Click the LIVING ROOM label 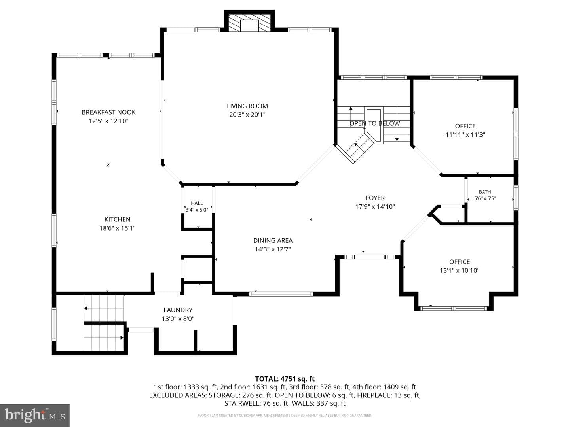click(247, 106)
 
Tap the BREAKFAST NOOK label click(108, 112)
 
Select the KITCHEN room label click(118, 219)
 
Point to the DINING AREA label click(273, 240)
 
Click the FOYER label click(375, 198)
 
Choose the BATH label click(485, 192)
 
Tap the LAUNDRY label click(178, 310)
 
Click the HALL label click(197, 203)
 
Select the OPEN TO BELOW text click(374, 123)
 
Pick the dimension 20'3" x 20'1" click(247, 115)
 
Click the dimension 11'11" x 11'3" click(465, 135)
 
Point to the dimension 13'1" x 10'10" click(460, 271)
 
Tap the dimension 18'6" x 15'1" click(118, 228)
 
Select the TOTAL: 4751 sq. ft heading click(285, 379)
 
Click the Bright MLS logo click(35, 415)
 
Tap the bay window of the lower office click(453, 308)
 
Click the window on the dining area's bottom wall click(281, 294)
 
